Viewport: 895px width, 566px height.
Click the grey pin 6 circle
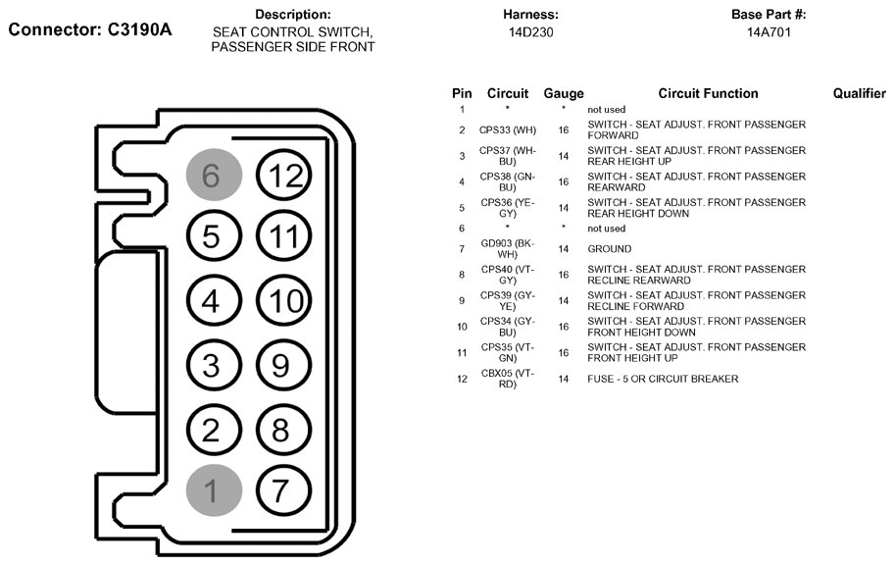click(214, 175)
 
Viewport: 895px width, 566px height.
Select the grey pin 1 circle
click(214, 490)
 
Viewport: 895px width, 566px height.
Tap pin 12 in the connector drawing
click(283, 175)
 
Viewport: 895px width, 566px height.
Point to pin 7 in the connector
click(283, 490)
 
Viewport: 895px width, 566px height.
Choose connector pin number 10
click(283, 301)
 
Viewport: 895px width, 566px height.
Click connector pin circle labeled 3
click(214, 366)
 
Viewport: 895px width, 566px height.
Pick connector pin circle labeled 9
click(283, 366)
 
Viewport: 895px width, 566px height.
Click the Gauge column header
click(564, 93)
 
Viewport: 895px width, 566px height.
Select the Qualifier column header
click(859, 93)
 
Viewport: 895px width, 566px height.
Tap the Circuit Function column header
click(708, 93)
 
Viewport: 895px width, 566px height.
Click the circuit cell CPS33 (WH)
click(508, 129)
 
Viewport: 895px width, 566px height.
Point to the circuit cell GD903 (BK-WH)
click(508, 248)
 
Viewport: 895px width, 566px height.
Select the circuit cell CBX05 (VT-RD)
click(508, 379)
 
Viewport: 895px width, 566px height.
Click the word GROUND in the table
click(609, 249)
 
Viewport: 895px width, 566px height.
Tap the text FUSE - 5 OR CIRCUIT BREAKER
click(663, 379)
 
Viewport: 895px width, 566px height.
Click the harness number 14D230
click(531, 32)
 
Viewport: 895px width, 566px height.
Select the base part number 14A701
click(769, 32)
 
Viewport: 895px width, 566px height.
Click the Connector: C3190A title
click(89, 29)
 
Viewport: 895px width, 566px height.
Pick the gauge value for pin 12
click(564, 379)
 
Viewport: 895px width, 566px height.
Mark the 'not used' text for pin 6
click(606, 229)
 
